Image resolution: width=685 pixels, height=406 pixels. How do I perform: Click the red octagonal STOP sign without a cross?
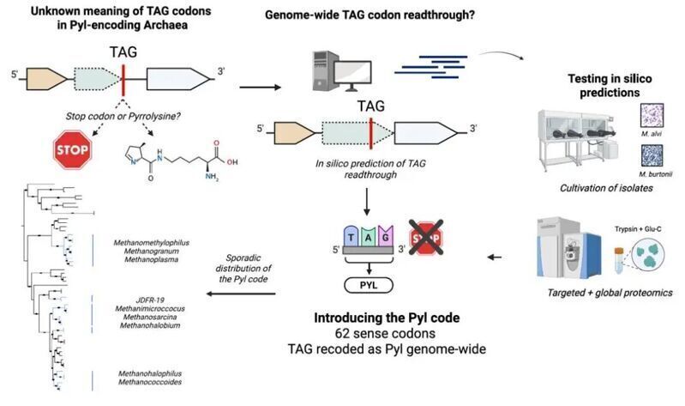tap(73, 149)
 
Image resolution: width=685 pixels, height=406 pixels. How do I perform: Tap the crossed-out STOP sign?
tap(426, 238)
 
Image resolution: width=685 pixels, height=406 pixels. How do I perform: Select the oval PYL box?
tap(369, 285)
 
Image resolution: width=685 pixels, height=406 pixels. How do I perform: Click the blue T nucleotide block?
tap(352, 236)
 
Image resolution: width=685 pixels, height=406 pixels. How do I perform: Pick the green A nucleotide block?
tap(369, 237)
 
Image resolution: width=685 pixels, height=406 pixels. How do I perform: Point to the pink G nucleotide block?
tap(385, 236)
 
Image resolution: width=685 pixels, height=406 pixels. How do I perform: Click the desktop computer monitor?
tap(353, 76)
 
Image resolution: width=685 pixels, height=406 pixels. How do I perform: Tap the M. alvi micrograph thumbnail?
tap(652, 116)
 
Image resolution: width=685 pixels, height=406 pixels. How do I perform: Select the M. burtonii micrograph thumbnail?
tap(652, 156)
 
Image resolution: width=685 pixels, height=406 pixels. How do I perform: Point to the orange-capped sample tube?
tap(619, 261)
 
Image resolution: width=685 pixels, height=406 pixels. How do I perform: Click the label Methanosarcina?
tap(150, 317)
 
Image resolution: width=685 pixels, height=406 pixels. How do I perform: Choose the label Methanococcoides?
tap(150, 382)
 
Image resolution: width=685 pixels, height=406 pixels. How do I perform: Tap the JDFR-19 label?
tap(150, 300)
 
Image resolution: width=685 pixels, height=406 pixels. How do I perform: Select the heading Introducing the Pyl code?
tap(387, 318)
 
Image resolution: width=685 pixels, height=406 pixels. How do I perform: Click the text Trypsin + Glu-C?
tap(638, 229)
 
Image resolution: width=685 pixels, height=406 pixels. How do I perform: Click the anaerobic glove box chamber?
tap(578, 137)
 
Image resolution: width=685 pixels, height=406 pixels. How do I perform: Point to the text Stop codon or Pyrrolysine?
tap(123, 117)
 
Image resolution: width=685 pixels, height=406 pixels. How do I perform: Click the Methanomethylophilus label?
tap(151, 242)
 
